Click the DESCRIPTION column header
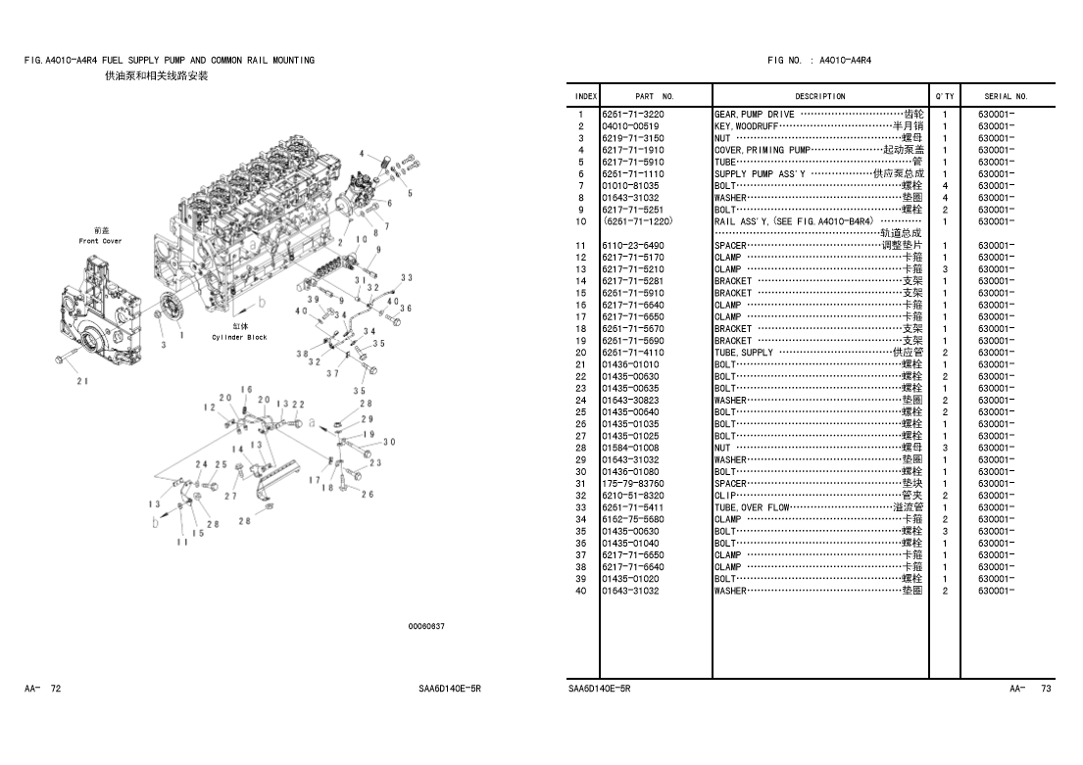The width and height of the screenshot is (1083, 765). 820,97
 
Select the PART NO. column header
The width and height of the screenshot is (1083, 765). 655,97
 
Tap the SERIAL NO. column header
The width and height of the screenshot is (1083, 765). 1006,97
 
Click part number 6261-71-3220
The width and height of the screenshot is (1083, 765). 633,115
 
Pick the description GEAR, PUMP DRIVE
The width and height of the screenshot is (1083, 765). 755,115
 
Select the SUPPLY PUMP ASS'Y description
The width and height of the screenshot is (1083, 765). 760,174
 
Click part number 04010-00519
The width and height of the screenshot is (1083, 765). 630,126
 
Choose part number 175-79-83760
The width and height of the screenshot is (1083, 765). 633,483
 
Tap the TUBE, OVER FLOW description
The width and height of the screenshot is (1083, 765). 752,507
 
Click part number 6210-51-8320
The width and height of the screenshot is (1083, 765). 633,496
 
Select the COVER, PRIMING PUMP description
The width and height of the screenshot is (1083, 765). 763,150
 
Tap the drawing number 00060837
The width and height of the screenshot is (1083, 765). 426,627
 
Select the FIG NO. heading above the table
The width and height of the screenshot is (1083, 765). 819,61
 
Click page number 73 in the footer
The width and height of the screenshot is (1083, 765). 1045,690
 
